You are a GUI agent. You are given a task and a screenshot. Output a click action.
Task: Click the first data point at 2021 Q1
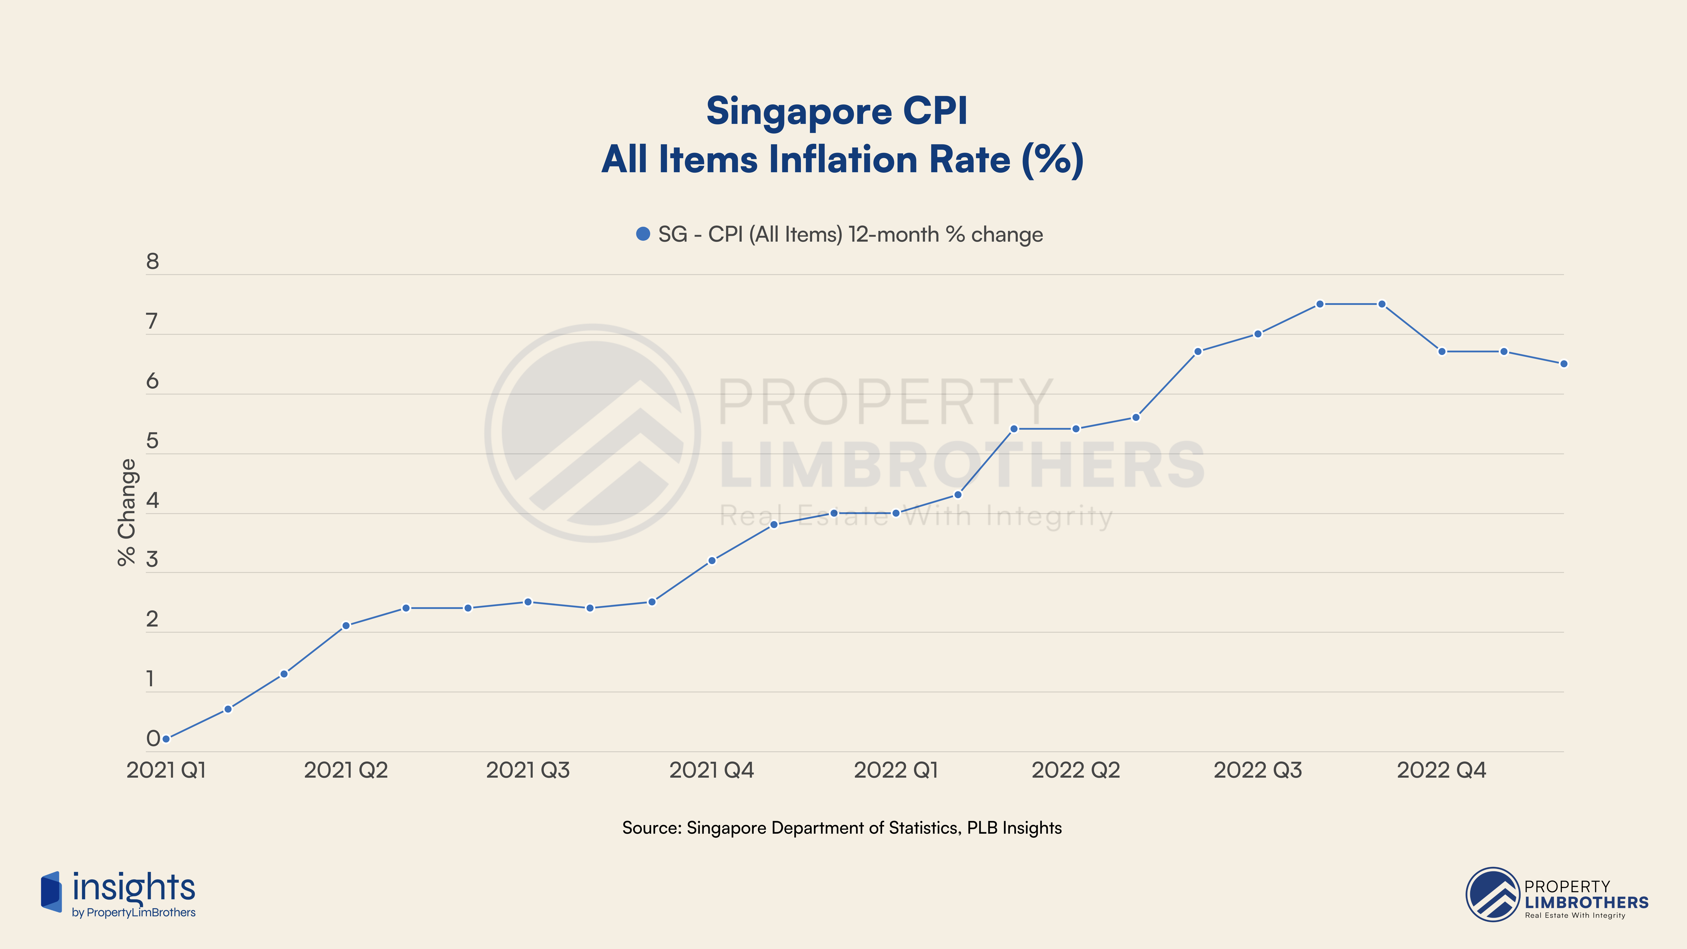166,739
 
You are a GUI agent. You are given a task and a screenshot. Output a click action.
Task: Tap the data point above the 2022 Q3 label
1257,334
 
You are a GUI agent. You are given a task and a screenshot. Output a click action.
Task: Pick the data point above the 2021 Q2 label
346,625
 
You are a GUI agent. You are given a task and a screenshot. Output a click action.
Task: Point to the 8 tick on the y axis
153,262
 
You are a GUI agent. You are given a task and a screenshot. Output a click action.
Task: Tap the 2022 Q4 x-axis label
1441,770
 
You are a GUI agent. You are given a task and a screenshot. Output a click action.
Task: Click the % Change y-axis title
126,512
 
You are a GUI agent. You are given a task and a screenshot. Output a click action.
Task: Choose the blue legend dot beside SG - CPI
643,234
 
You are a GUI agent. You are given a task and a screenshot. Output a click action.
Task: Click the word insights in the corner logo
134,888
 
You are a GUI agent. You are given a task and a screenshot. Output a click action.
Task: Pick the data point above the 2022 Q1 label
896,513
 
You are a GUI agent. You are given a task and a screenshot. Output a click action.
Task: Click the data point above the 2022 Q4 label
1441,352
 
